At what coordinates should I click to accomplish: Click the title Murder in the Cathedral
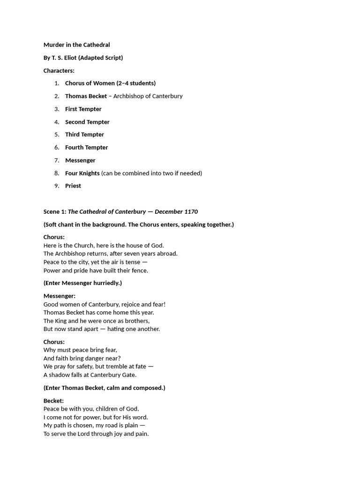coord(76,45)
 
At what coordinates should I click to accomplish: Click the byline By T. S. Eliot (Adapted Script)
coord(83,58)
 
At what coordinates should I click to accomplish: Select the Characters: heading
coord(59,71)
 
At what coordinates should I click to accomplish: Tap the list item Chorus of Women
coord(110,83)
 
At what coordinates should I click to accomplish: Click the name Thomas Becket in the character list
coord(86,96)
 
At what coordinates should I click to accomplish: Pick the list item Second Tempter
coord(87,122)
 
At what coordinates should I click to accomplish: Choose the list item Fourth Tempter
coord(86,147)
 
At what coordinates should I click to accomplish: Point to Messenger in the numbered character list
coord(80,160)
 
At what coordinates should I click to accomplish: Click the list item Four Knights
coord(82,173)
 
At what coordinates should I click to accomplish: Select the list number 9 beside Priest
coord(57,186)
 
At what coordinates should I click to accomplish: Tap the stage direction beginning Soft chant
coord(138,225)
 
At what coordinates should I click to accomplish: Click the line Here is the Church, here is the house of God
coord(104,245)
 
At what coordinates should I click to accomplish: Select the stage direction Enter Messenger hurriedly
coord(82,283)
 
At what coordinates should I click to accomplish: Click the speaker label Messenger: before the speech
coord(59,296)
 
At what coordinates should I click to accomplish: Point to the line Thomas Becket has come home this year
coord(98,313)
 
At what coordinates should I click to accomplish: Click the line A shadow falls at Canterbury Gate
coord(90,375)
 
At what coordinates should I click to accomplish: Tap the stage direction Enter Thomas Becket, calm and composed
coord(104,388)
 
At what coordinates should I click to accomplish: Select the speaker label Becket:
coord(53,401)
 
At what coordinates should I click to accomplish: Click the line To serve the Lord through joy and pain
coord(96,434)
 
